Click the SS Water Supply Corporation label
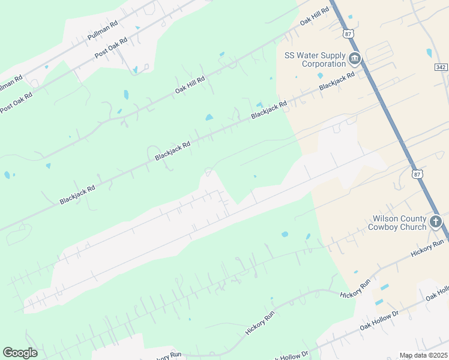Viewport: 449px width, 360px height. click(315, 59)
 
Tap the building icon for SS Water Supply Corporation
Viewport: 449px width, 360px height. click(355, 59)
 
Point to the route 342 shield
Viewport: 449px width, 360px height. click(442, 68)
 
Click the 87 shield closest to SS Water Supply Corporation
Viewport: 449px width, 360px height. click(348, 34)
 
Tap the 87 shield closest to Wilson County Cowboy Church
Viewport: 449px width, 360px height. click(418, 173)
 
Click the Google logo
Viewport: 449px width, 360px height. click(20, 353)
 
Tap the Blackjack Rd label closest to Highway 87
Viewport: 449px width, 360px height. click(337, 82)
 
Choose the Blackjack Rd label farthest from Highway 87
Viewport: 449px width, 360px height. click(77, 195)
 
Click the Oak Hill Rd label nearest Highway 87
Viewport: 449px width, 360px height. click(315, 16)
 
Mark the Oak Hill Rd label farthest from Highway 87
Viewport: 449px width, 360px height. click(190, 85)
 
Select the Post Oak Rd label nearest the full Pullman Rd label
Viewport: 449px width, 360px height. click(111, 48)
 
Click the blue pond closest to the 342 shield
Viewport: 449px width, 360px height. click(429, 53)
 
